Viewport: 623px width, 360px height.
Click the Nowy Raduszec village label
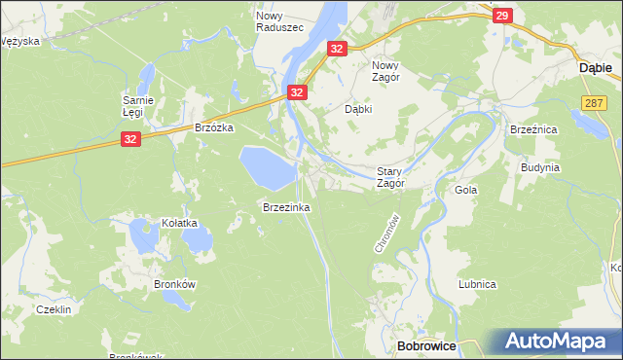tap(275, 21)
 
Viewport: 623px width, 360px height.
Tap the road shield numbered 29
tap(501, 16)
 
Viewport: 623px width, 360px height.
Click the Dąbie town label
tap(595, 68)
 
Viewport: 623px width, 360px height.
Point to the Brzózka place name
tap(214, 127)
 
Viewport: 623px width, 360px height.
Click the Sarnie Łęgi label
tap(137, 105)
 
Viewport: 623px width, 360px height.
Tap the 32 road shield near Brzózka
tap(131, 140)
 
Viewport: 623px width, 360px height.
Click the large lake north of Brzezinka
tap(267, 167)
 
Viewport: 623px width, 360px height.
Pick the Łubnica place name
tap(478, 284)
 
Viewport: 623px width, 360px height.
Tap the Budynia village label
tap(540, 167)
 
